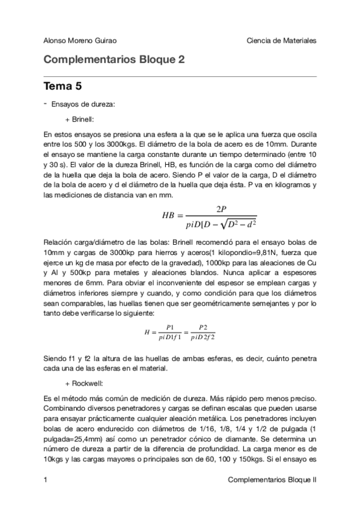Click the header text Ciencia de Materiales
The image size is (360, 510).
click(x=281, y=40)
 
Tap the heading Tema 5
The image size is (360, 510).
click(x=63, y=87)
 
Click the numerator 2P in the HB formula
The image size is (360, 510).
click(x=221, y=208)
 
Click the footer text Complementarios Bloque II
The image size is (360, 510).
click(x=273, y=480)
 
